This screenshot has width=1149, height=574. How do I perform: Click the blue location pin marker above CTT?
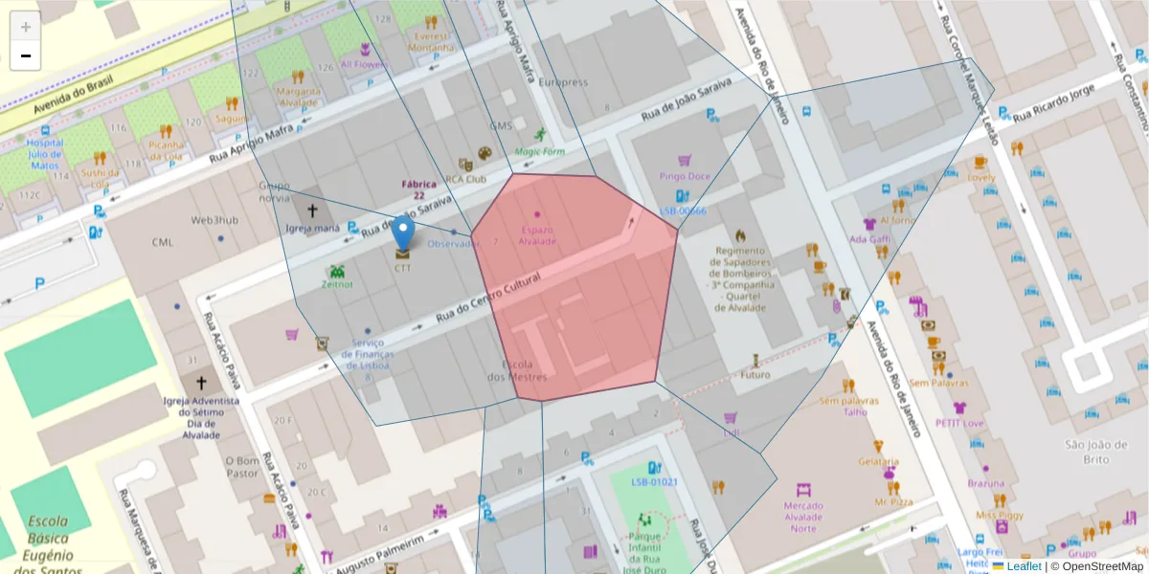tap(403, 232)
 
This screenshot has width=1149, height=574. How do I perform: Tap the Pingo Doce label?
tap(685, 176)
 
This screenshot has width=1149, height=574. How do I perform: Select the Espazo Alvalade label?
tap(536, 234)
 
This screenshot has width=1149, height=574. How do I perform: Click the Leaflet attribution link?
tap(1024, 566)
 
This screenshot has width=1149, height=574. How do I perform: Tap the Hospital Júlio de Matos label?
tap(45, 153)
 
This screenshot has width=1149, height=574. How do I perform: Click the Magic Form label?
tap(540, 151)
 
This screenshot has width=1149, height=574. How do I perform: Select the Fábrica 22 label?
tap(419, 189)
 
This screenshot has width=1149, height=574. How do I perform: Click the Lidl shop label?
tap(732, 432)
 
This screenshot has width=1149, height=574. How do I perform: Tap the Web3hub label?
tap(214, 220)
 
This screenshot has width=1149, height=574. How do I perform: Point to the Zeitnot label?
tap(337, 284)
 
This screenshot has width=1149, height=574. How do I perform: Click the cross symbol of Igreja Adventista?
tap(200, 382)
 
